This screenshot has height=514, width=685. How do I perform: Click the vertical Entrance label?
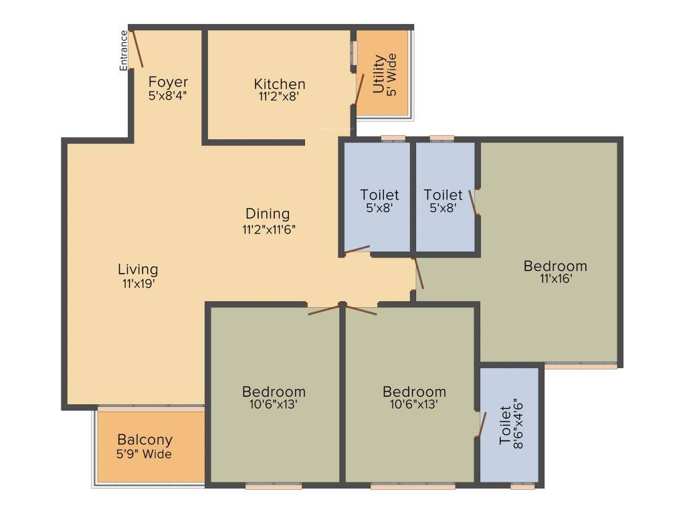tap(124, 51)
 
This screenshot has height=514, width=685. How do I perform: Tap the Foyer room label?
tap(168, 82)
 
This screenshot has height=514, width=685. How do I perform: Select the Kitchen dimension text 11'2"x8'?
tap(279, 96)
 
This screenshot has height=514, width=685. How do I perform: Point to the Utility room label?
tap(379, 74)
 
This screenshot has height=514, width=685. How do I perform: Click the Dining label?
tap(268, 214)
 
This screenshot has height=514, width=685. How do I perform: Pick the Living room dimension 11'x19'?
tap(138, 282)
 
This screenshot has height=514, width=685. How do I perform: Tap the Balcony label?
tap(144, 440)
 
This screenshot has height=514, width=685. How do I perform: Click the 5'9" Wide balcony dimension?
tap(144, 454)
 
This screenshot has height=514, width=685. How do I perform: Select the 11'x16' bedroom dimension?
tap(555, 278)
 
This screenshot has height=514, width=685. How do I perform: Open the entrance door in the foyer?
tap(136, 48)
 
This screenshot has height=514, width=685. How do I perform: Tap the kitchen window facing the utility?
tap(355, 54)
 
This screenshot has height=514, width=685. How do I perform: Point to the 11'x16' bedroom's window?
tap(581, 366)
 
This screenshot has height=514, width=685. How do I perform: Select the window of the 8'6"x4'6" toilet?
tap(522, 487)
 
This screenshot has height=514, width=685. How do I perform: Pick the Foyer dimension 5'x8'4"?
tap(168, 96)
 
